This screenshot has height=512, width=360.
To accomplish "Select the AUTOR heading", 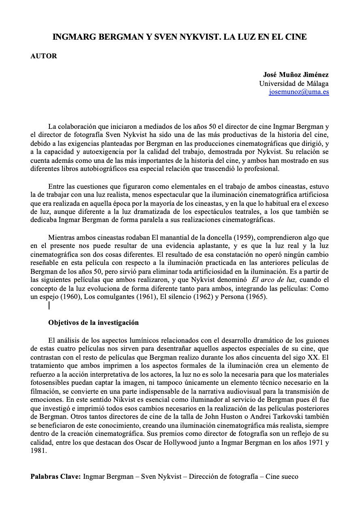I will [44, 56].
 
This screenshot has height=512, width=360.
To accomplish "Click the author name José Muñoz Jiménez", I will [296, 75].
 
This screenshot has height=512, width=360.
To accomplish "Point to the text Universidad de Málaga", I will [294, 83].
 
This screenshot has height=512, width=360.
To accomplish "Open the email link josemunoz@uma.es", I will [299, 92].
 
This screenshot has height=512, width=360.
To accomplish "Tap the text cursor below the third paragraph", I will [49, 305].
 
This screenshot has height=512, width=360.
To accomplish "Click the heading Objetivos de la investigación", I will [93, 323].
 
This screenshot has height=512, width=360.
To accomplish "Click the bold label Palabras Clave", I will [55, 477].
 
